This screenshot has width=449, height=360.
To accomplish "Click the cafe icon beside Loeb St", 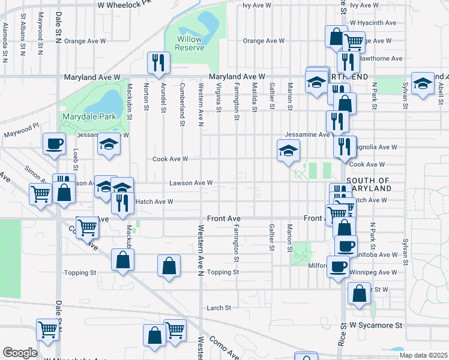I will [x=54, y=143].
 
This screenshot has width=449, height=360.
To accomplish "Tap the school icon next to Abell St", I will [x=423, y=84].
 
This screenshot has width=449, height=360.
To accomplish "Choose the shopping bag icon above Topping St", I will [x=169, y=265].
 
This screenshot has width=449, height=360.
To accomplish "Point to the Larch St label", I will [x=219, y=308].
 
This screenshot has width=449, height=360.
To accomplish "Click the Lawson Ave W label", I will [x=191, y=182].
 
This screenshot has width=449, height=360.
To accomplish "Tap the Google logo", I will [x=20, y=353].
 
